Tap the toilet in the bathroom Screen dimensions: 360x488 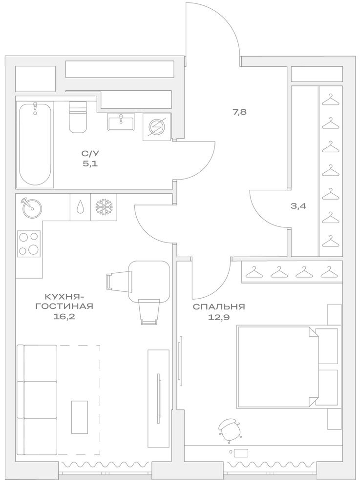coord(78,117)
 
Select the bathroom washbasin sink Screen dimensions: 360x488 coord(121,122)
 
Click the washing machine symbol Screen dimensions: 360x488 coord(156,127)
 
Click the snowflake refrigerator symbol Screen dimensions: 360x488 coord(104,206)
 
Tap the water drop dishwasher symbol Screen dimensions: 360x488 coord(80,206)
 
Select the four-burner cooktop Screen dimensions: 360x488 coord(29,244)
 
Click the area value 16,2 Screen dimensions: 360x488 coord(64,317)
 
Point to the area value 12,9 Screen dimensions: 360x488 coord(219,318)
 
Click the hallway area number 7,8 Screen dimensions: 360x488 coord(239,112)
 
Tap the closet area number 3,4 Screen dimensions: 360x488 coord(298,206)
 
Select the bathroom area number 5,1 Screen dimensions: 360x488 coord(90,163)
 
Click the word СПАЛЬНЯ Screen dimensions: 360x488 coord(219,307)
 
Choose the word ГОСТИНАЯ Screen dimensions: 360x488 coord(64,306)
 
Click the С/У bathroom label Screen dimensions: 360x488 coord(90,153)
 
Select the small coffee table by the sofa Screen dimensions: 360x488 coord(80,417)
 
